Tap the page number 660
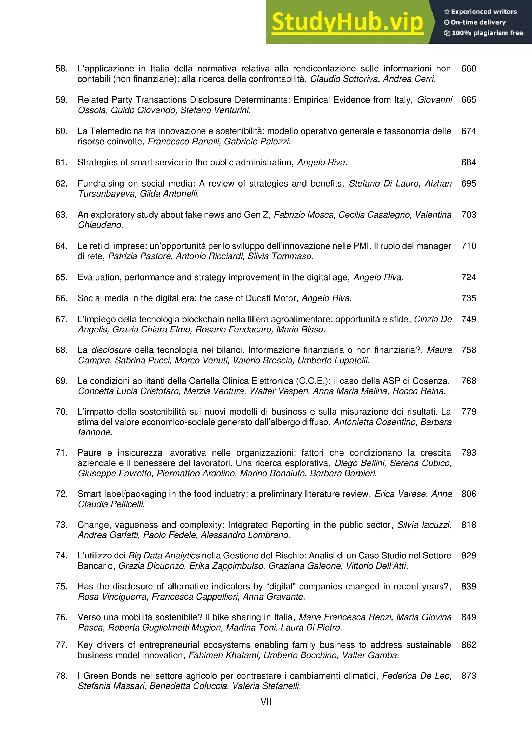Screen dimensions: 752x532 pyautogui.click(x=468, y=69)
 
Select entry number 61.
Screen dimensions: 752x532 pyautogui.click(x=61, y=162)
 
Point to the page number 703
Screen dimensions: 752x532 pyautogui.click(x=468, y=215)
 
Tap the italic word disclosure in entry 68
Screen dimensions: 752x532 pyautogui.click(x=111, y=350)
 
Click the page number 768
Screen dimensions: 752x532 pyautogui.click(x=468, y=381)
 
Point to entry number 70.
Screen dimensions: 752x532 pyautogui.click(x=61, y=412)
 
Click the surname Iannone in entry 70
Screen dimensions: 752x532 pyautogui.click(x=95, y=432)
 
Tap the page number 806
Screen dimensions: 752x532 pyautogui.click(x=468, y=494)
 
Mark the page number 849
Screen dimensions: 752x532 pyautogui.click(x=468, y=617)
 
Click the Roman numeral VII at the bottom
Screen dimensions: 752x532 pyautogui.click(x=266, y=702)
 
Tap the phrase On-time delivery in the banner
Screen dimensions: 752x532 pyautogui.click(x=478, y=22)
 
